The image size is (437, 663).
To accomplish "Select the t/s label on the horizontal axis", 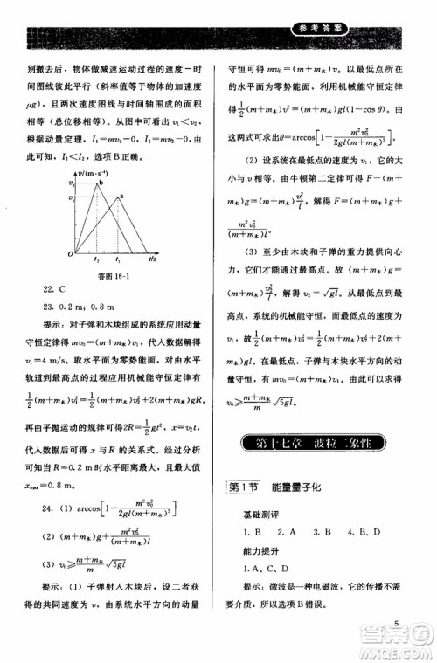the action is click(153, 259).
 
